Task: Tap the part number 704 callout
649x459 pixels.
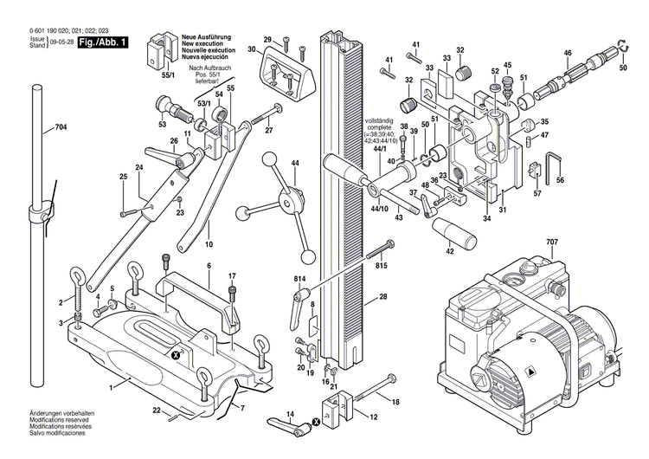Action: click(x=61, y=127)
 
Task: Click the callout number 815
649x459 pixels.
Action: click(x=382, y=266)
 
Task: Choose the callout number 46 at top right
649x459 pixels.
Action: click(x=568, y=54)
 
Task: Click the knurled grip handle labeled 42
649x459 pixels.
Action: click(x=456, y=233)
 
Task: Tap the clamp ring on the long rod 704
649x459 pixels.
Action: click(x=40, y=211)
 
